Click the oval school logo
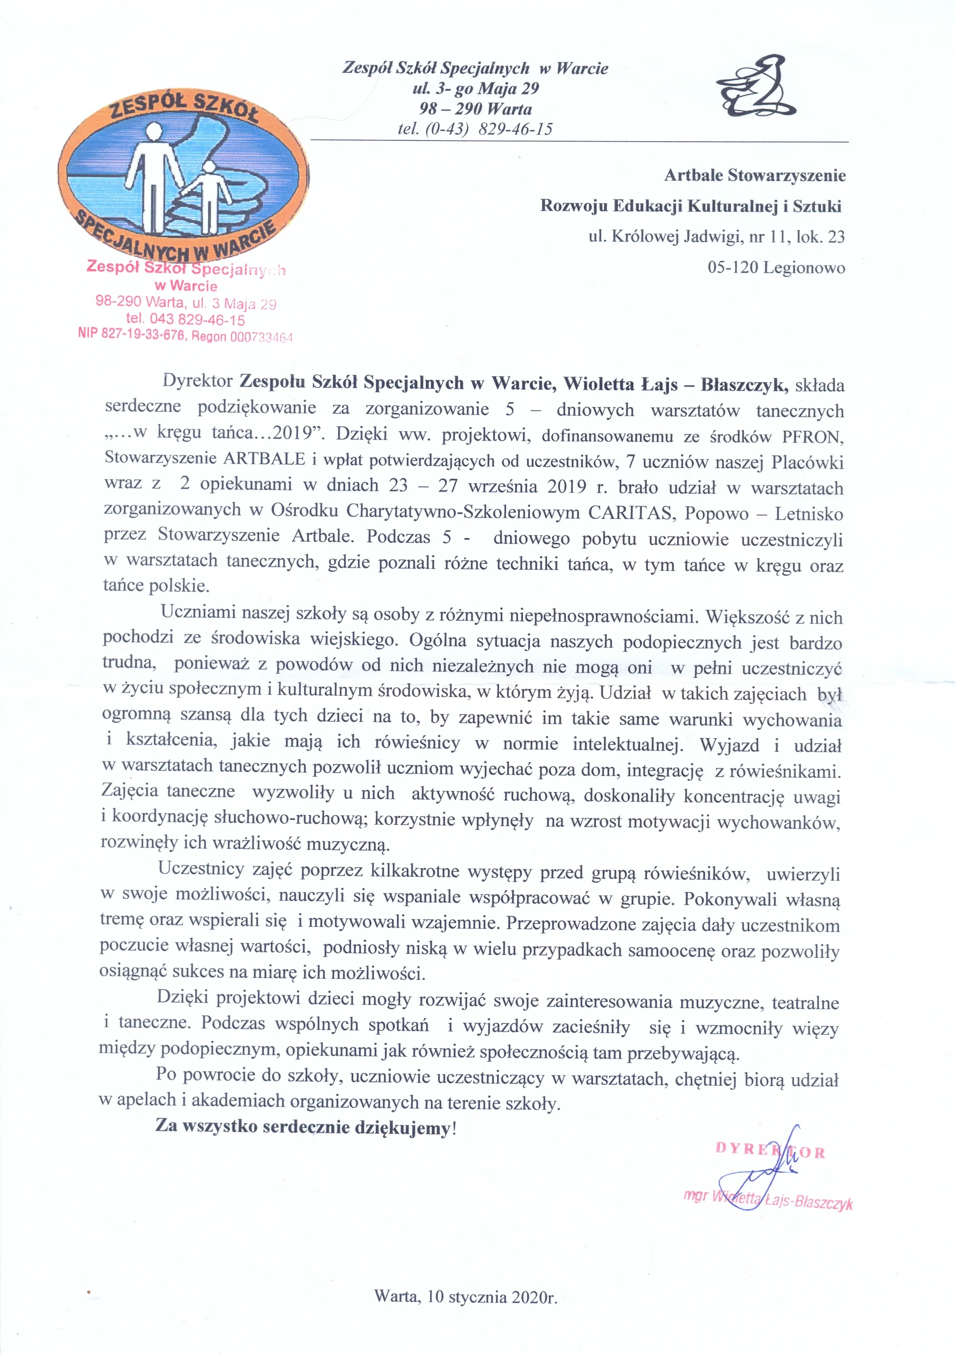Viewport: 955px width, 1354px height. [184, 177]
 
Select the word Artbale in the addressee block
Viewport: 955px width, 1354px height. [694, 175]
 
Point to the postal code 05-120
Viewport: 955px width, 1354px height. [733, 268]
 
